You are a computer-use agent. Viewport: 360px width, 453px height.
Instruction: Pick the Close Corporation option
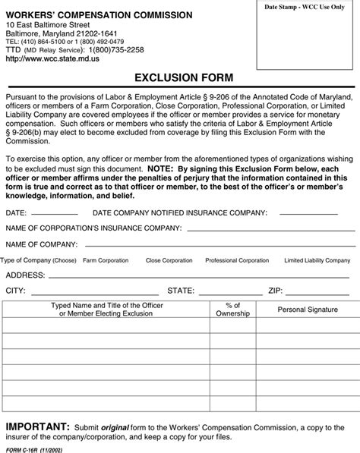(169, 260)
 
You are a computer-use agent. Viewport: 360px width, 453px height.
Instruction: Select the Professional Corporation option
(237, 260)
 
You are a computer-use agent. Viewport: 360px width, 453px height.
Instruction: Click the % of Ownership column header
(233, 309)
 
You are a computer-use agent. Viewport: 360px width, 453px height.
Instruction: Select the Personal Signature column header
(307, 310)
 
